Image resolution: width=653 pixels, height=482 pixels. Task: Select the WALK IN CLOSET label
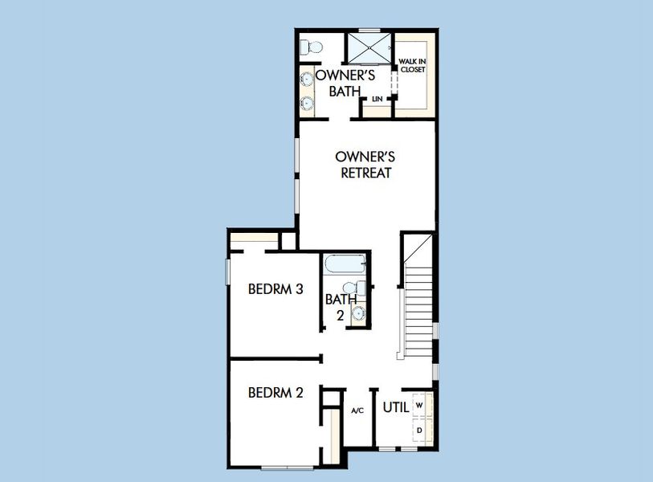point(412,65)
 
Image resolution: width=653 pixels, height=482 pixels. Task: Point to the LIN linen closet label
point(377,100)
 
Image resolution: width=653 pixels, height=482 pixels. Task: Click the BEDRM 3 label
point(275,289)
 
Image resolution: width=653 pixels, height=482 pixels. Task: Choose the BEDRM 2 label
point(275,393)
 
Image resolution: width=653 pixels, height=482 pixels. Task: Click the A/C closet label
point(357,411)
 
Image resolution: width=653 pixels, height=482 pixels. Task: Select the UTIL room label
point(396,406)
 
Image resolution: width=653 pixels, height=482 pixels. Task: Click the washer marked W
point(419,406)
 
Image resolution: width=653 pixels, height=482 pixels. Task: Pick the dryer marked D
point(419,431)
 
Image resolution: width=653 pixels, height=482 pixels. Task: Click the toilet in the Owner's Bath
point(311,47)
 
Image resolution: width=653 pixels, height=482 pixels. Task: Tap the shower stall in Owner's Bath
point(368,47)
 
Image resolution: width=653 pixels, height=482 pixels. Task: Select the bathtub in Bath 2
point(344,264)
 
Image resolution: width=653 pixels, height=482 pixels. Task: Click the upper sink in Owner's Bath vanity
point(307,79)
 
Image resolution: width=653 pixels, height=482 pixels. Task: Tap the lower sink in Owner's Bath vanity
point(307,103)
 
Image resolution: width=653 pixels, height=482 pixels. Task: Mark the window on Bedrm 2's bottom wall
point(286,467)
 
